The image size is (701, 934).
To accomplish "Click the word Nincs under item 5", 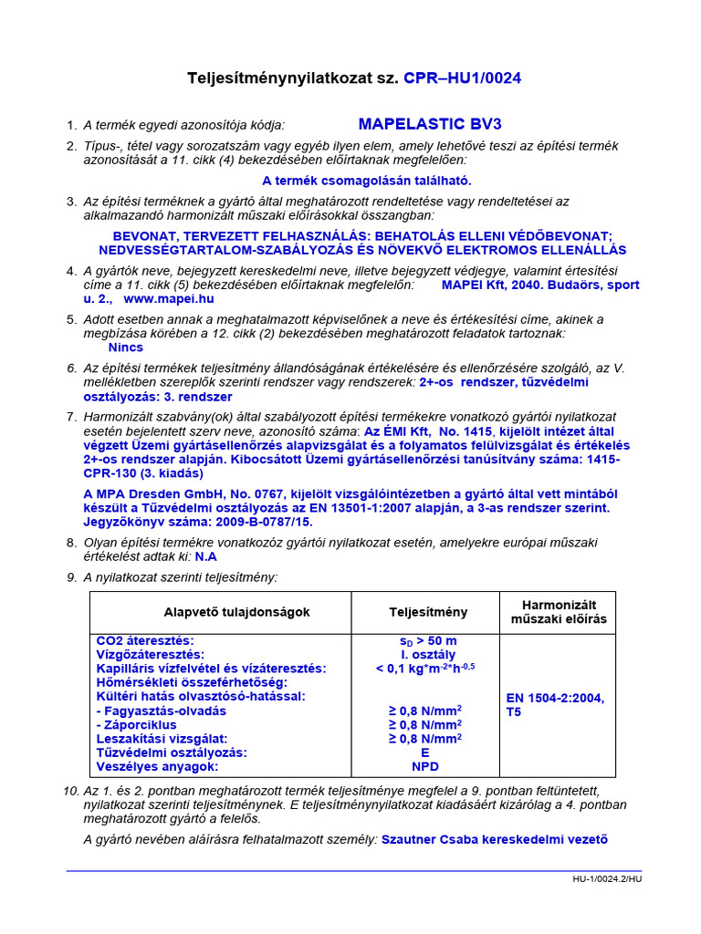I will pyautogui.click(x=126, y=348).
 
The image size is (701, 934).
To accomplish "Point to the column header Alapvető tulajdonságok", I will pyautogui.click(x=237, y=612).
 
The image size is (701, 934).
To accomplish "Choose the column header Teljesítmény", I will pyautogui.click(x=428, y=612).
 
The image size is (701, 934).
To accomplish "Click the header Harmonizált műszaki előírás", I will pyautogui.click(x=557, y=612).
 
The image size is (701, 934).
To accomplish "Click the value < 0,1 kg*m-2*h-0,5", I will pyautogui.click(x=426, y=669).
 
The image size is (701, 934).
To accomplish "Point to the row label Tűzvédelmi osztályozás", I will pyautogui.click(x=172, y=752).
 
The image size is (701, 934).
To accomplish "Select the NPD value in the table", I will pyautogui.click(x=426, y=767).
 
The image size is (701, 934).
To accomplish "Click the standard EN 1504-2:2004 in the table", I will pyautogui.click(x=555, y=698).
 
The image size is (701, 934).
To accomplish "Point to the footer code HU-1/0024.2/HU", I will pyautogui.click(x=607, y=880).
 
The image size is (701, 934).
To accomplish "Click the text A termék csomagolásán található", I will pyautogui.click(x=367, y=181).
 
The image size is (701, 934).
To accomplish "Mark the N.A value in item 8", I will pyautogui.click(x=205, y=555).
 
